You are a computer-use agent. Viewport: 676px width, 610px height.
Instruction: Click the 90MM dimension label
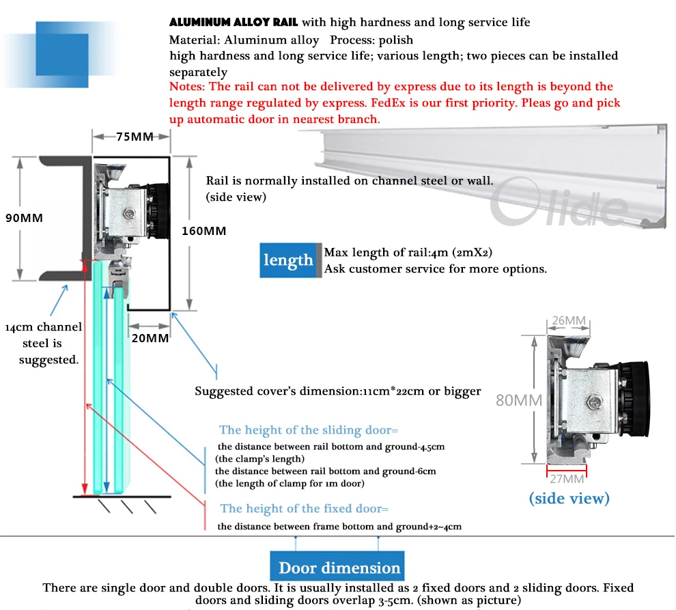click(24, 219)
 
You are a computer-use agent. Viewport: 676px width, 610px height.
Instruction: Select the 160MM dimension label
click(203, 231)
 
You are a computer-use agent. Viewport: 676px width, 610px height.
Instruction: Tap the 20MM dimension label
click(150, 338)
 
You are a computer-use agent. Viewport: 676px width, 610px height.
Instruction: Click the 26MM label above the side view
click(568, 320)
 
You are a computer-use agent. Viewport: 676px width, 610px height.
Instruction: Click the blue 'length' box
click(288, 260)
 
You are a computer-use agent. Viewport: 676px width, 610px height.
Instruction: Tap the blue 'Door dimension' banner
click(339, 568)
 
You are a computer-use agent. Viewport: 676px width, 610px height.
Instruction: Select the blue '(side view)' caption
click(569, 499)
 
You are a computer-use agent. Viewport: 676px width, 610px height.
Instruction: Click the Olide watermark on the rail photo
click(560, 208)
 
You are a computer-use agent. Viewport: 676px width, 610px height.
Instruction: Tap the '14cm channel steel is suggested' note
click(43, 344)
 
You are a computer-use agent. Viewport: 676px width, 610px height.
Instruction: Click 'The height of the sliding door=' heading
click(308, 430)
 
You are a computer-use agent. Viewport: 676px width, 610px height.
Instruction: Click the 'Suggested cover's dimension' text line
click(337, 391)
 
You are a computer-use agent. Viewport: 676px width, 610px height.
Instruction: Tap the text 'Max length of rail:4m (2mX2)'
click(408, 253)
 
